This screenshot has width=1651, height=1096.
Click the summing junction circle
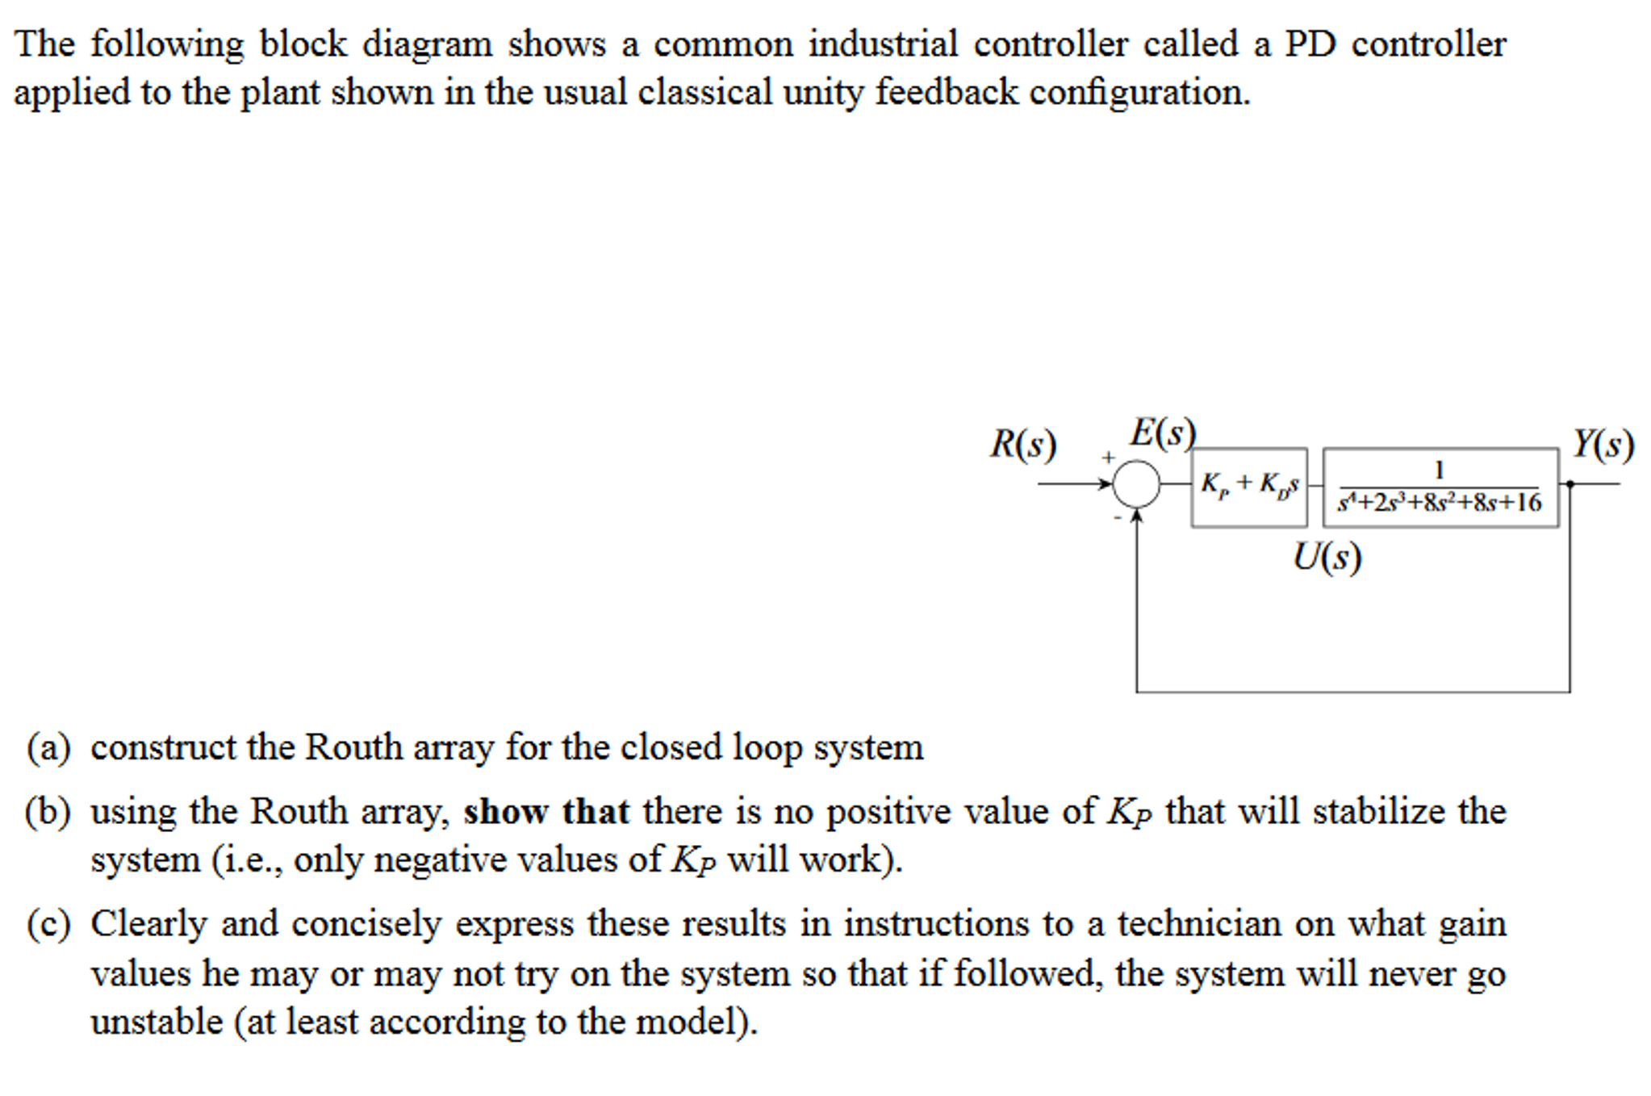(x=1135, y=483)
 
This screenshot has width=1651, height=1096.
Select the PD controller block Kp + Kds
(x=1248, y=487)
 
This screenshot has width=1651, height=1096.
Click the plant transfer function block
(x=1440, y=487)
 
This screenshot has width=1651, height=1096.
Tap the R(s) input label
(x=1022, y=445)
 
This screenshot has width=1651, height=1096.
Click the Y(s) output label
(x=1603, y=445)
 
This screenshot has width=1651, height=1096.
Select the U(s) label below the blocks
(x=1327, y=557)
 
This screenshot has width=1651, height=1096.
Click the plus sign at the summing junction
(x=1109, y=458)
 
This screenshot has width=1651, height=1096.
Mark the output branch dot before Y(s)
(x=1569, y=483)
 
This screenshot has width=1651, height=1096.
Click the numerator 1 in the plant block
(x=1438, y=470)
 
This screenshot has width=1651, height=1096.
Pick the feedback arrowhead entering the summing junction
(x=1136, y=515)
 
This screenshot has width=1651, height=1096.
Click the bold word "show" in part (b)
(x=505, y=812)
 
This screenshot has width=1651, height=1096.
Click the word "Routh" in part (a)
(x=353, y=747)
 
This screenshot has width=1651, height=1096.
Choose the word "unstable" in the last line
(x=157, y=1022)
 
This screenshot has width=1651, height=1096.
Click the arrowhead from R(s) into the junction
(x=1106, y=483)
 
